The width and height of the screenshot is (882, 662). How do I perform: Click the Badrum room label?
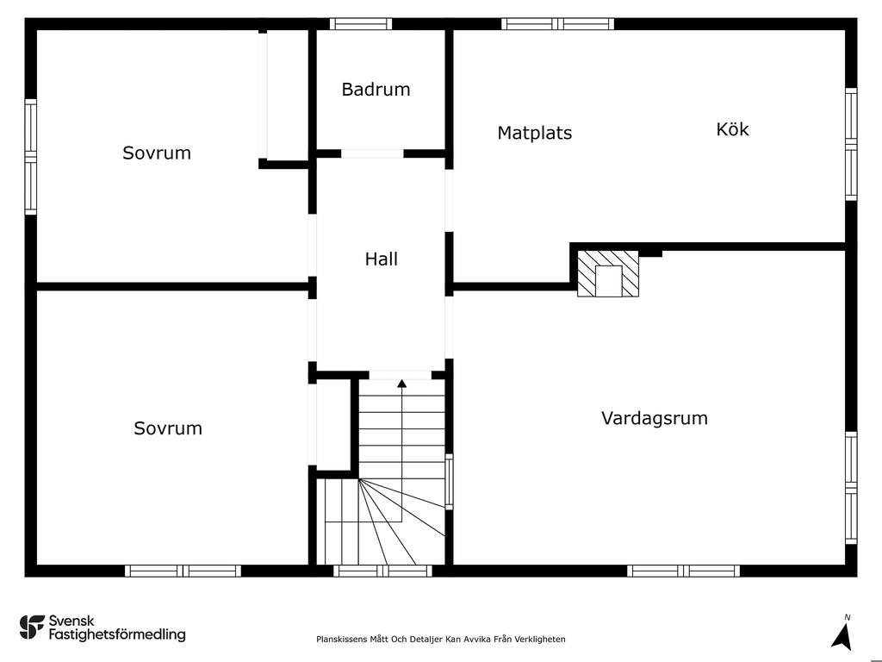click(x=376, y=90)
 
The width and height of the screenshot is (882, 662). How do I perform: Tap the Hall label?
click(x=382, y=259)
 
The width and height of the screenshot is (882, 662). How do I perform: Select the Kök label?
click(x=732, y=129)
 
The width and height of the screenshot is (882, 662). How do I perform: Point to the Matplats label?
click(x=534, y=133)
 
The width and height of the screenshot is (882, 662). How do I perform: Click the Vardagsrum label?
click(x=655, y=418)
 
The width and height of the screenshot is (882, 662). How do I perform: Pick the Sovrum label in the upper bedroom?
click(x=157, y=153)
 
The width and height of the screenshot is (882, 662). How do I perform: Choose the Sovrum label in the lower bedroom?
click(x=168, y=428)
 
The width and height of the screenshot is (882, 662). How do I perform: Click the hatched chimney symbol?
click(x=608, y=273)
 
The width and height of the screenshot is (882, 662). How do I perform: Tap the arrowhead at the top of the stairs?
click(x=401, y=384)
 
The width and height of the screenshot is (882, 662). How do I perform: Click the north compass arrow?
click(x=842, y=637)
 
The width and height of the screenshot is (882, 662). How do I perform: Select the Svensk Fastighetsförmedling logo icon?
click(x=32, y=628)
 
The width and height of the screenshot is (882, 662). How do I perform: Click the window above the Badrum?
click(x=361, y=23)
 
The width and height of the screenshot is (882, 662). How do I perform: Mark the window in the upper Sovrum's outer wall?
click(x=30, y=157)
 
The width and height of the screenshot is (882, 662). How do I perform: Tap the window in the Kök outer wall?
click(x=851, y=144)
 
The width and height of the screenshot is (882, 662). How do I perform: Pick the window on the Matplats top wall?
click(x=557, y=23)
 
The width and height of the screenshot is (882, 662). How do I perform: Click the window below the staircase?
click(x=382, y=571)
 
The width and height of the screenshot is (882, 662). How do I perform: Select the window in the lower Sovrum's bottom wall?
click(x=183, y=571)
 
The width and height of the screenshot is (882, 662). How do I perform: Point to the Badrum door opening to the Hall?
click(x=372, y=153)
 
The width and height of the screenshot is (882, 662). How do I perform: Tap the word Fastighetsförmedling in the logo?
click(x=117, y=634)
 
